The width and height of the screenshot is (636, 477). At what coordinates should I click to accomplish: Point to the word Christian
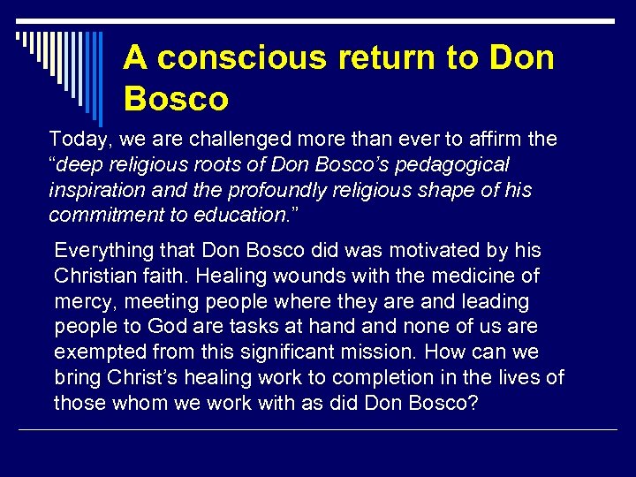(x=96, y=276)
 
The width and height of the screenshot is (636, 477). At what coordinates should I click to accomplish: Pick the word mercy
(x=83, y=302)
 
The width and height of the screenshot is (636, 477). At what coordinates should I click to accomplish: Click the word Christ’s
(x=140, y=378)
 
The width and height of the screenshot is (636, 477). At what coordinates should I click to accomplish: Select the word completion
(x=379, y=378)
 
